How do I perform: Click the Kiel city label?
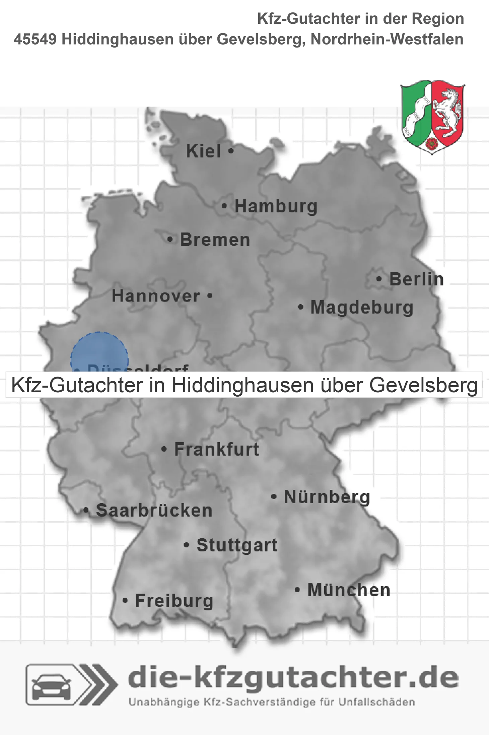click(x=203, y=151)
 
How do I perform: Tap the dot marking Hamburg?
click(x=224, y=206)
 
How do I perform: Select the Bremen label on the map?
click(x=215, y=240)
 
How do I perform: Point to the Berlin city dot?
click(x=379, y=279)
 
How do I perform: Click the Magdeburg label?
click(x=362, y=308)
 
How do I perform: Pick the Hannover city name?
click(x=156, y=296)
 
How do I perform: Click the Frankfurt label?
click(x=217, y=449)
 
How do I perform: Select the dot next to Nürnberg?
click(x=274, y=496)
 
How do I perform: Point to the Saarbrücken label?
click(x=154, y=511)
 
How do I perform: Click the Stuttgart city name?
click(x=237, y=545)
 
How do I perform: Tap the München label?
click(x=349, y=590)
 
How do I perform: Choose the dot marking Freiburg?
click(x=125, y=600)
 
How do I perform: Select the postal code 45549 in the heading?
click(x=35, y=39)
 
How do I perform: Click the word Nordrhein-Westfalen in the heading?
click(x=387, y=39)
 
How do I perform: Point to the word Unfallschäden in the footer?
click(x=376, y=702)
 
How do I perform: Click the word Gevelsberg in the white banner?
click(x=423, y=385)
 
